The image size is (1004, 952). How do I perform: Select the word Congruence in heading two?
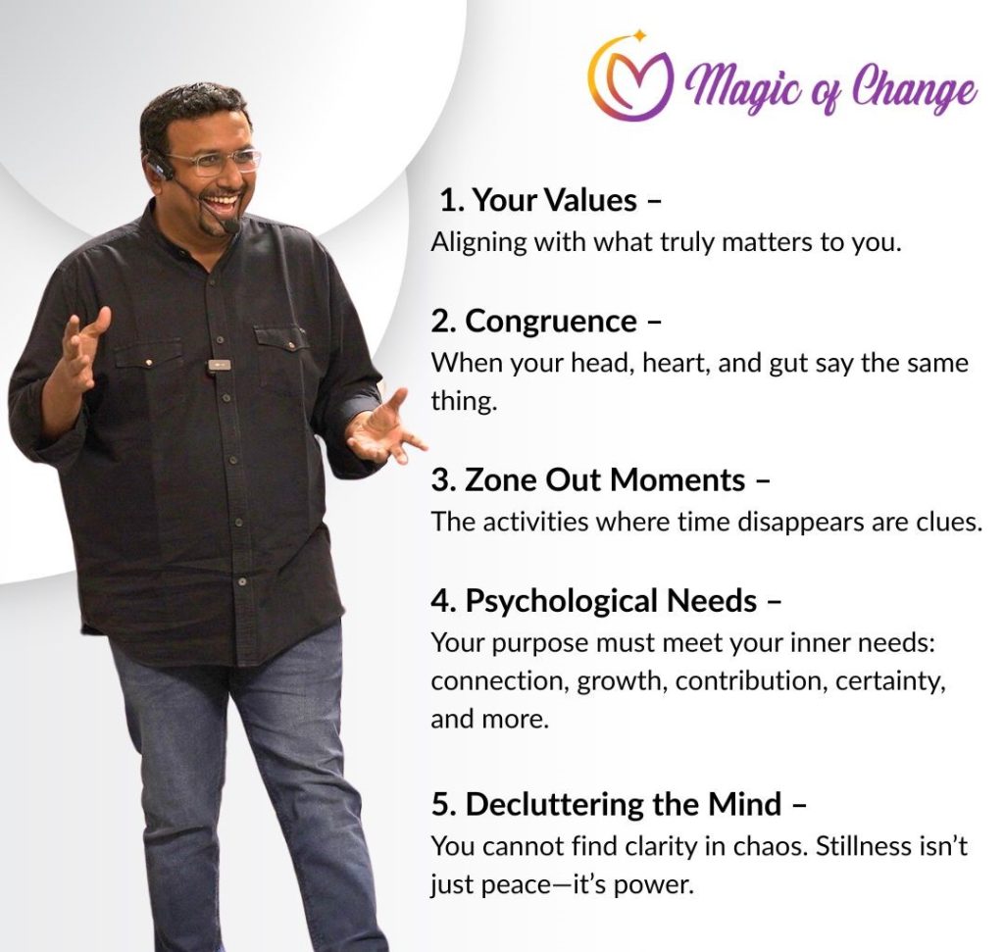coord(551,321)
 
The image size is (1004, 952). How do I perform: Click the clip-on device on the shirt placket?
coord(219,366)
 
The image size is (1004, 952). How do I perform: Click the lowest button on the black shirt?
coord(242,582)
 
